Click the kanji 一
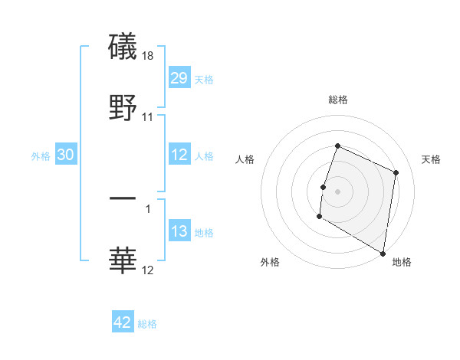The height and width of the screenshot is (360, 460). click(x=123, y=198)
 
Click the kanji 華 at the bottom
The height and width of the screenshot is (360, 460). click(x=123, y=261)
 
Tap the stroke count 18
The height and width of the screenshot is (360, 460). click(x=149, y=56)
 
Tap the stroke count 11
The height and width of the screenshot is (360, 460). click(x=148, y=117)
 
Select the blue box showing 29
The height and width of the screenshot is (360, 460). click(x=179, y=78)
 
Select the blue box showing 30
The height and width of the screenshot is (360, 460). click(x=66, y=155)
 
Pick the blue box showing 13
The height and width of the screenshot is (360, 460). click(x=179, y=232)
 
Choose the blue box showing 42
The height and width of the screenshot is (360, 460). click(x=123, y=322)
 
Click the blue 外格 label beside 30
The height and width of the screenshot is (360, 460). click(x=41, y=155)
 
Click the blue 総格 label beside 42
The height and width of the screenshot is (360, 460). click(x=147, y=324)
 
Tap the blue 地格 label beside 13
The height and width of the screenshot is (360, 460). click(x=204, y=233)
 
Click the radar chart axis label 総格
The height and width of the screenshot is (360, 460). click(x=337, y=100)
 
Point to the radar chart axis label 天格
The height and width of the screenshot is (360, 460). click(x=431, y=159)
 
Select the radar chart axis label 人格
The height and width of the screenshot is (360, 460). click(x=245, y=159)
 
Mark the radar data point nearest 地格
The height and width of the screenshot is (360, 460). click(x=383, y=253)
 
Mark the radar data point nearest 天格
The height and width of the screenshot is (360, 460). click(x=396, y=172)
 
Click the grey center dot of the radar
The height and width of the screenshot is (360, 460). click(x=337, y=189)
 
